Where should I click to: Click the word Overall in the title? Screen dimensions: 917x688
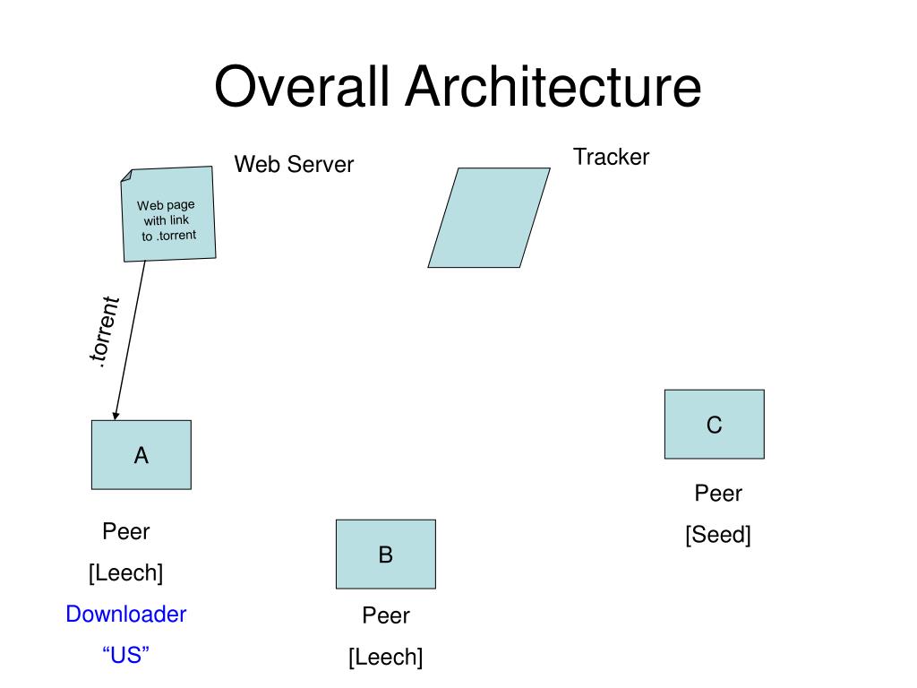302,86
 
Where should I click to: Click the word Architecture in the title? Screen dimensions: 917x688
553,86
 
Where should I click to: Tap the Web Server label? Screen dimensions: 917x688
294,165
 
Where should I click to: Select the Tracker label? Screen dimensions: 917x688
611,157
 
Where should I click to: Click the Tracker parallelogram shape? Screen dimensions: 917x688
489,218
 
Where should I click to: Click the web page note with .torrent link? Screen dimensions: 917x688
168,214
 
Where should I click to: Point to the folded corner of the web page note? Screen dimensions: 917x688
126,176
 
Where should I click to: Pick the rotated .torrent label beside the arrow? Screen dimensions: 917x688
105,331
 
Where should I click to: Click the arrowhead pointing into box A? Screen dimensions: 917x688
116,416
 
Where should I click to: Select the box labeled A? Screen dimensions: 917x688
141,454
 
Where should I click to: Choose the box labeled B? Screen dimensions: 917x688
386,554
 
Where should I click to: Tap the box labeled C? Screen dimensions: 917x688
715,424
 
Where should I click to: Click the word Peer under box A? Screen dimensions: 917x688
126,531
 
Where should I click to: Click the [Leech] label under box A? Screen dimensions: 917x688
125,572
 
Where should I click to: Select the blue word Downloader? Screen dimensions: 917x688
126,614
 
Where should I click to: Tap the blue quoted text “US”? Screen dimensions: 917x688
125,655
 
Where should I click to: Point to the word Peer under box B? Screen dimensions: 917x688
386,615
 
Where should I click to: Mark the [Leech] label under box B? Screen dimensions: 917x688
386,657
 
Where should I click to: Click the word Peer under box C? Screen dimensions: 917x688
718,494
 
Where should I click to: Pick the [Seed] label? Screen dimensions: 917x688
718,534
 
